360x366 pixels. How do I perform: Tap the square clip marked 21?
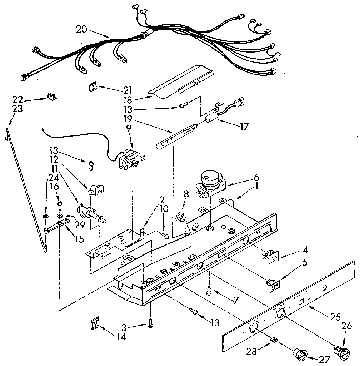(x=93, y=87)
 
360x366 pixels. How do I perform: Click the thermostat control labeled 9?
(x=131, y=159)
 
